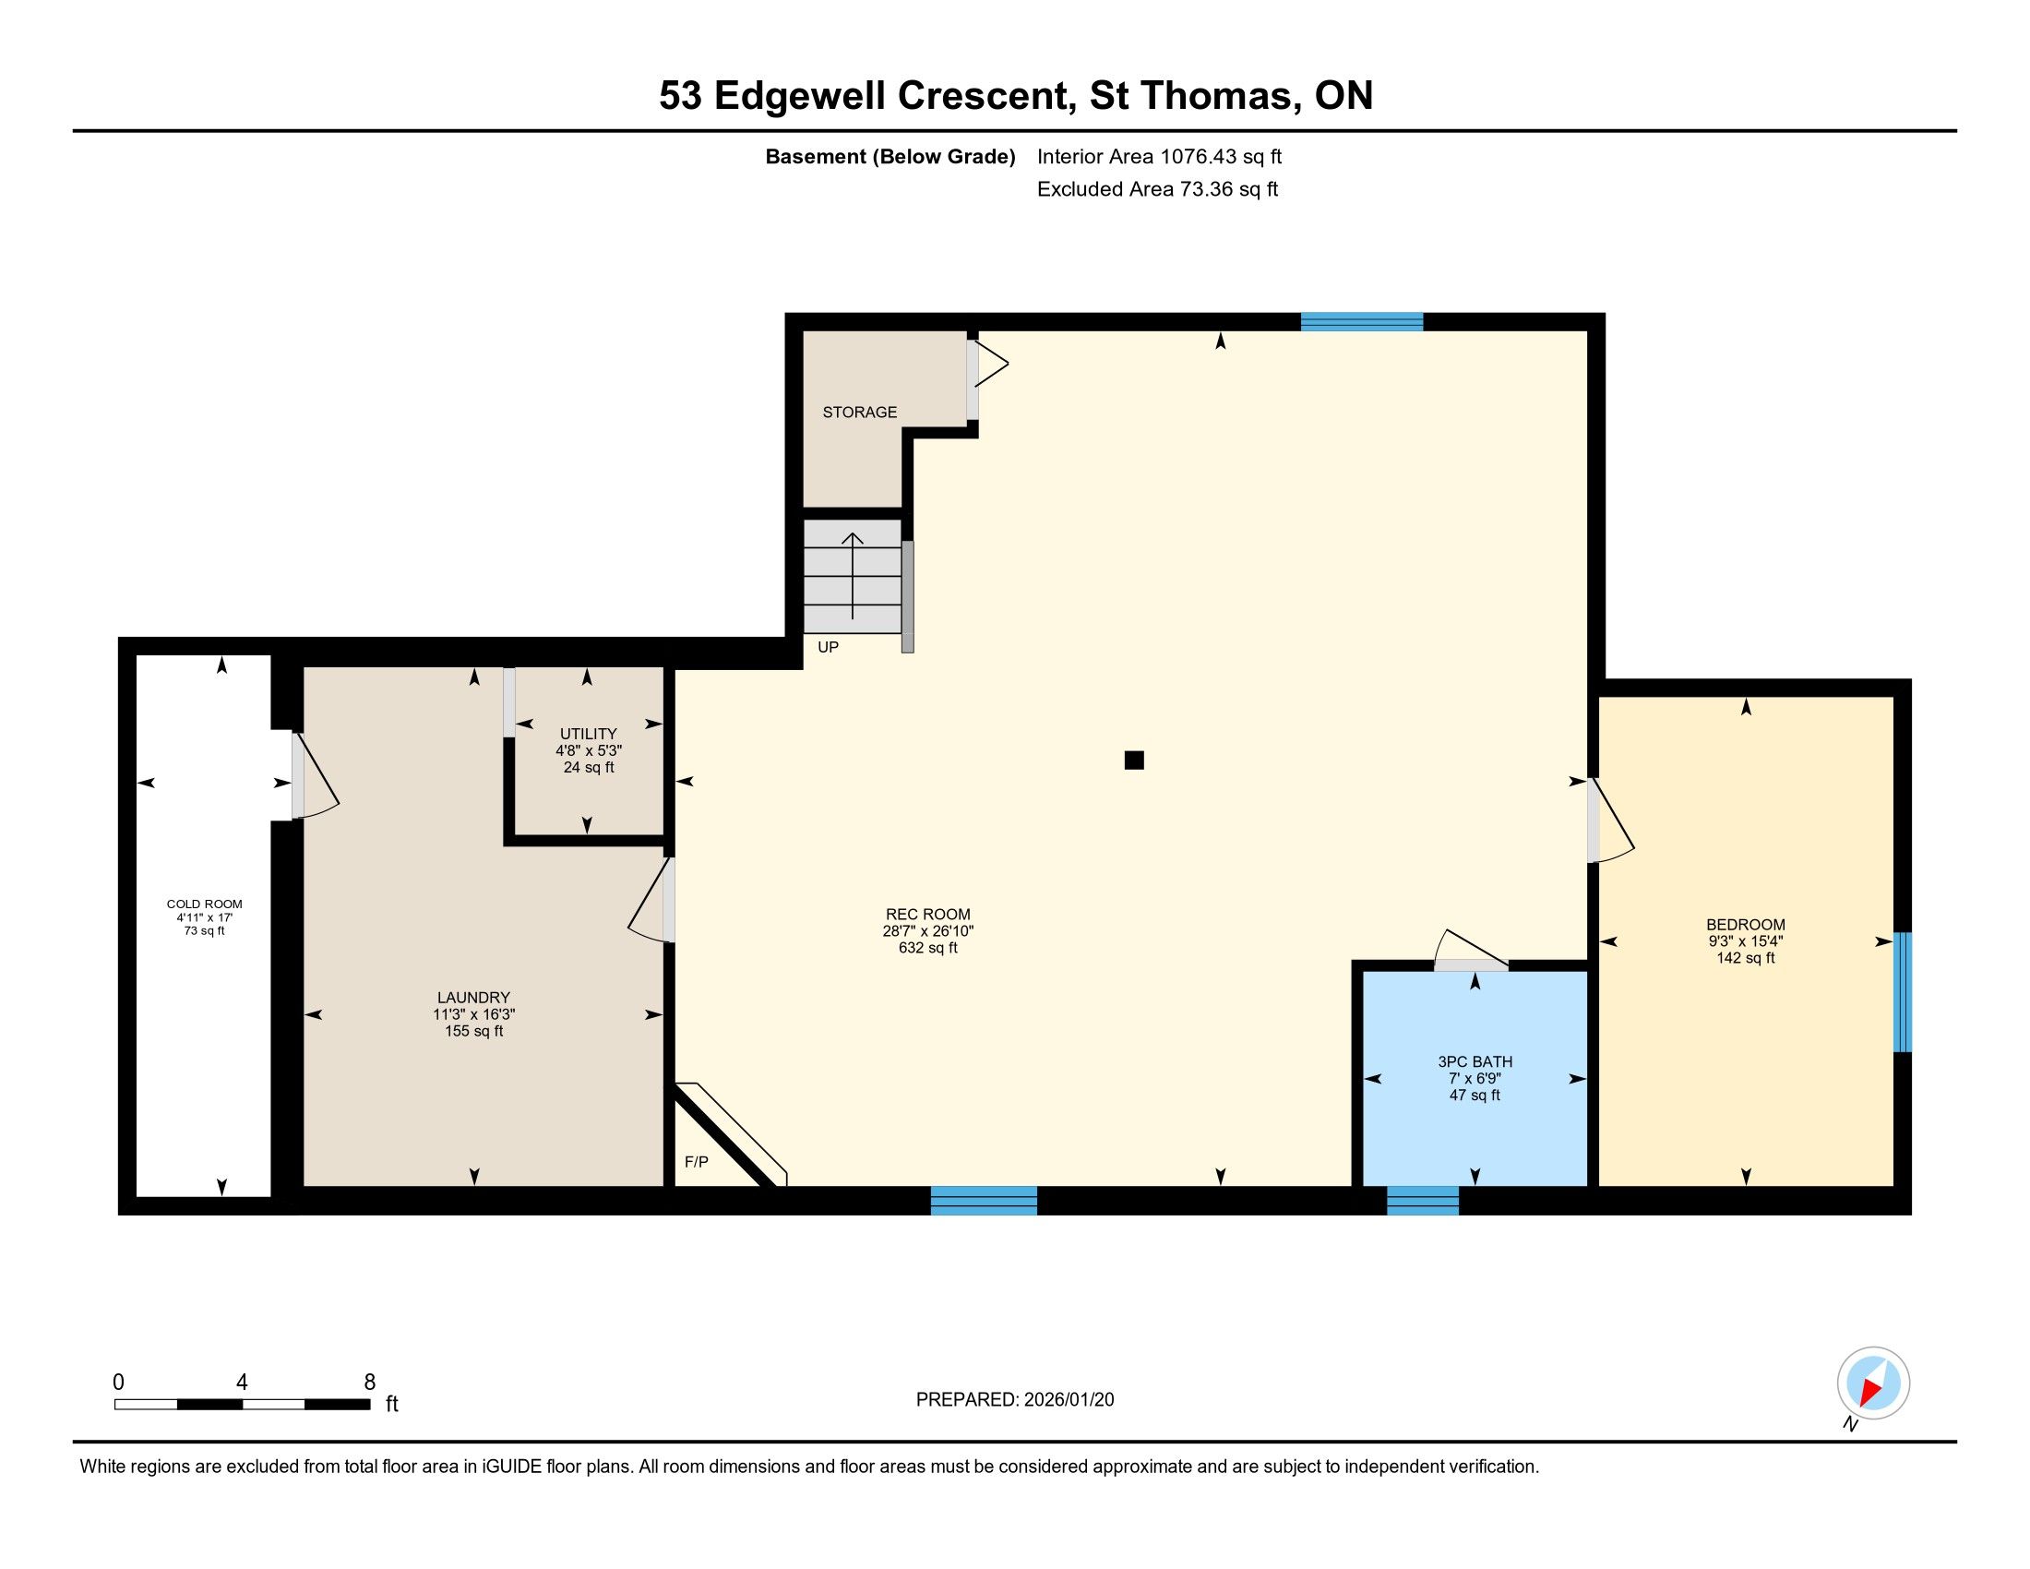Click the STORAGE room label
[860, 412]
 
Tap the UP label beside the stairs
[829, 647]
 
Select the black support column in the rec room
[1134, 761]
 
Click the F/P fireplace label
[696, 1162]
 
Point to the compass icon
[1873, 1383]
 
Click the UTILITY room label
[589, 735]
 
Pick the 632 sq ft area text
[927, 948]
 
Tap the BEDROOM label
[1746, 925]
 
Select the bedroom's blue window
[1903, 992]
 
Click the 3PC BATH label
[1475, 1061]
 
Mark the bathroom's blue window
[1423, 1200]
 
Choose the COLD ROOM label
[205, 904]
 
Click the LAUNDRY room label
[474, 998]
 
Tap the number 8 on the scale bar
[370, 1383]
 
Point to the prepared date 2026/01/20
[1069, 1400]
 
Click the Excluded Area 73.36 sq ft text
[1157, 189]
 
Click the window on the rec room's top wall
[1362, 321]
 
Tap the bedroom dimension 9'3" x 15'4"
[1746, 940]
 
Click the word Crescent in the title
[986, 96]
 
